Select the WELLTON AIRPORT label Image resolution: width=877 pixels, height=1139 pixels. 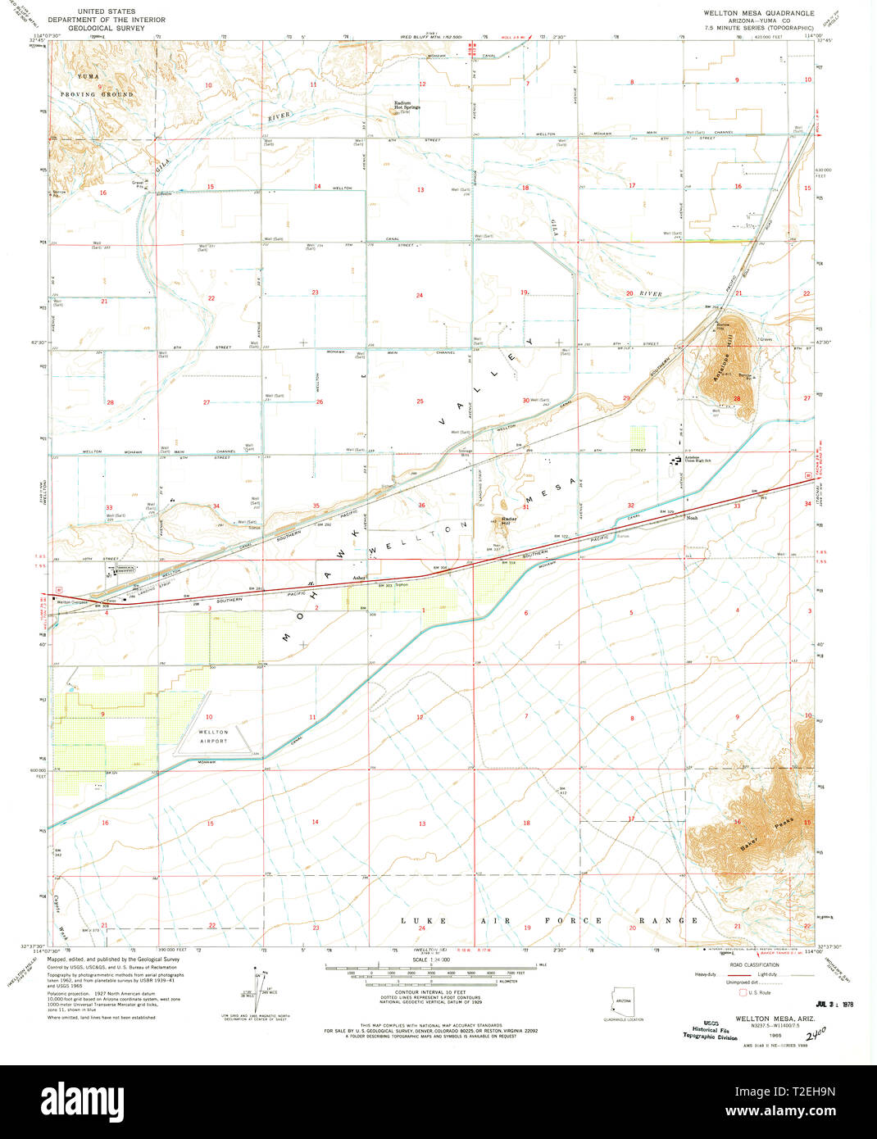(213, 736)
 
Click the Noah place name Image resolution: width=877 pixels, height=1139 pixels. (692, 518)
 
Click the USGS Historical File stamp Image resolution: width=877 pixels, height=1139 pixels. (710, 1029)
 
